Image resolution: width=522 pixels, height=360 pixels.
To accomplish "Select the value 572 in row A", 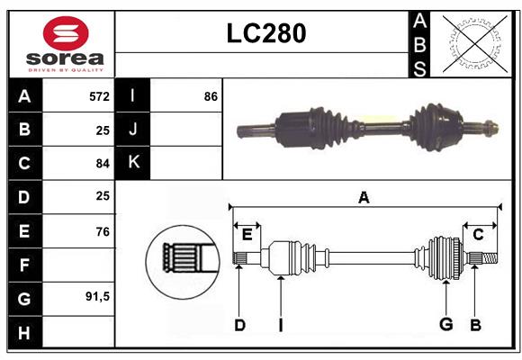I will [99, 95].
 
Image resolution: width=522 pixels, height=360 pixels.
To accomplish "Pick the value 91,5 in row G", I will [97, 296].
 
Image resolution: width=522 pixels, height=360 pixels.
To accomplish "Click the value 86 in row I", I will [211, 95].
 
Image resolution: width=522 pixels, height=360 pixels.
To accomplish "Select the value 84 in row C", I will [102, 163].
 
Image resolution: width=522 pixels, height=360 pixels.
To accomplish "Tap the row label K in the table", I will [133, 162].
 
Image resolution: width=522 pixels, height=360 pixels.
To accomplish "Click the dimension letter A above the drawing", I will [364, 196].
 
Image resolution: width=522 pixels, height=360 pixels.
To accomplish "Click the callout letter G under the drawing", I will [445, 324].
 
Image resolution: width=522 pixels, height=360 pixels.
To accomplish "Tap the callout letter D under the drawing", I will [239, 324].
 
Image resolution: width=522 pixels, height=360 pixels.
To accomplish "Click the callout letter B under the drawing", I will [476, 324].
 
